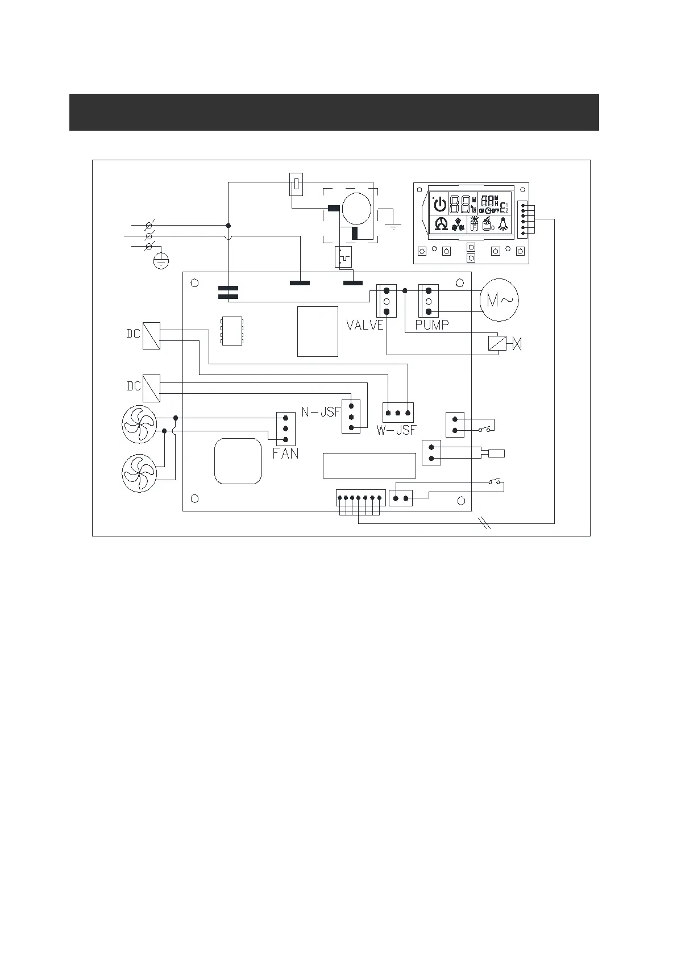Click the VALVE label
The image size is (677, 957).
(364, 325)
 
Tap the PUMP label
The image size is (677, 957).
(432, 325)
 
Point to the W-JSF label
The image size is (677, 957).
(396, 430)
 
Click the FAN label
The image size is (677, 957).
(285, 454)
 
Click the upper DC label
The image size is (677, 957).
(133, 334)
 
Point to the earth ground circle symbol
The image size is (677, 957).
(161, 261)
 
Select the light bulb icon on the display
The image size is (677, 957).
(502, 224)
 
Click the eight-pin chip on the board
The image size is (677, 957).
(231, 330)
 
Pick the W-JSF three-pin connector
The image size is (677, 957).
(397, 413)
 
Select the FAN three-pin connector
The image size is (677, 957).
(285, 428)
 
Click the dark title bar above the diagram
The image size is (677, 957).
(334, 112)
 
